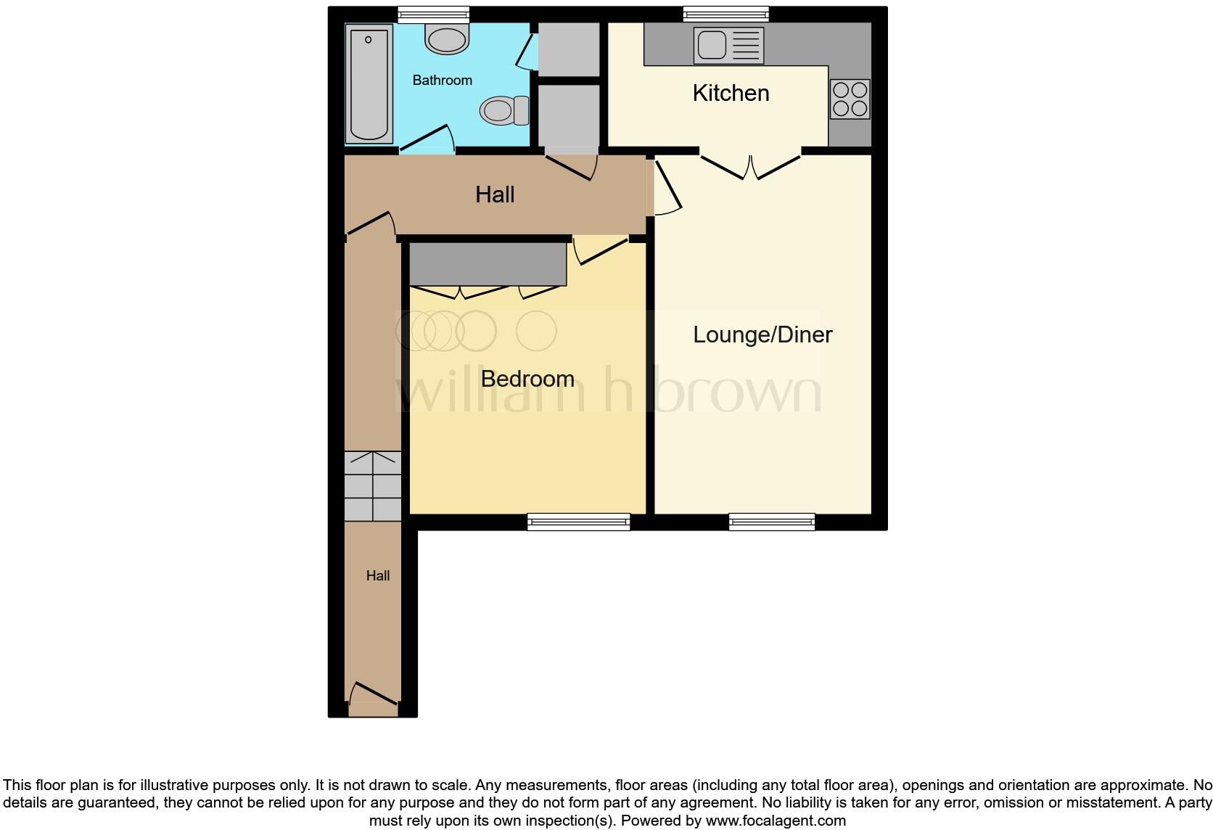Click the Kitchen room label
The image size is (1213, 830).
pyautogui.click(x=731, y=93)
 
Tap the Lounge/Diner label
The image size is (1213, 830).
pyautogui.click(x=762, y=334)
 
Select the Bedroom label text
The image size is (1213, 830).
pyautogui.click(x=527, y=379)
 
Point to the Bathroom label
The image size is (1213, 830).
pyautogui.click(x=442, y=81)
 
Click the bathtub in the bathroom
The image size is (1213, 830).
pyautogui.click(x=369, y=83)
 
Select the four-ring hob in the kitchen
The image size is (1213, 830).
pyautogui.click(x=850, y=99)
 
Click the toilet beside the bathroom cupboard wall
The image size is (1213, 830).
pyautogui.click(x=504, y=110)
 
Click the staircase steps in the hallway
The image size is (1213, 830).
pyautogui.click(x=373, y=486)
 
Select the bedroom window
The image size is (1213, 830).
pyautogui.click(x=578, y=522)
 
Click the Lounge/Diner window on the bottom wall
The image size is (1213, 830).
pyautogui.click(x=772, y=522)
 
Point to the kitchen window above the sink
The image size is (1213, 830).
pyautogui.click(x=725, y=13)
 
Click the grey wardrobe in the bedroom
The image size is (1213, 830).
pyautogui.click(x=488, y=264)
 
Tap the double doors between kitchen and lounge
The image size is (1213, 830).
pyautogui.click(x=750, y=166)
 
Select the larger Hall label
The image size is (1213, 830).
pyautogui.click(x=495, y=194)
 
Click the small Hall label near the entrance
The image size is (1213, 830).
pyautogui.click(x=378, y=576)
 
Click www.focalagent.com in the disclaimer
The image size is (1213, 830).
pyautogui.click(x=776, y=821)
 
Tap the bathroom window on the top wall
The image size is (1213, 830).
pyautogui.click(x=434, y=13)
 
